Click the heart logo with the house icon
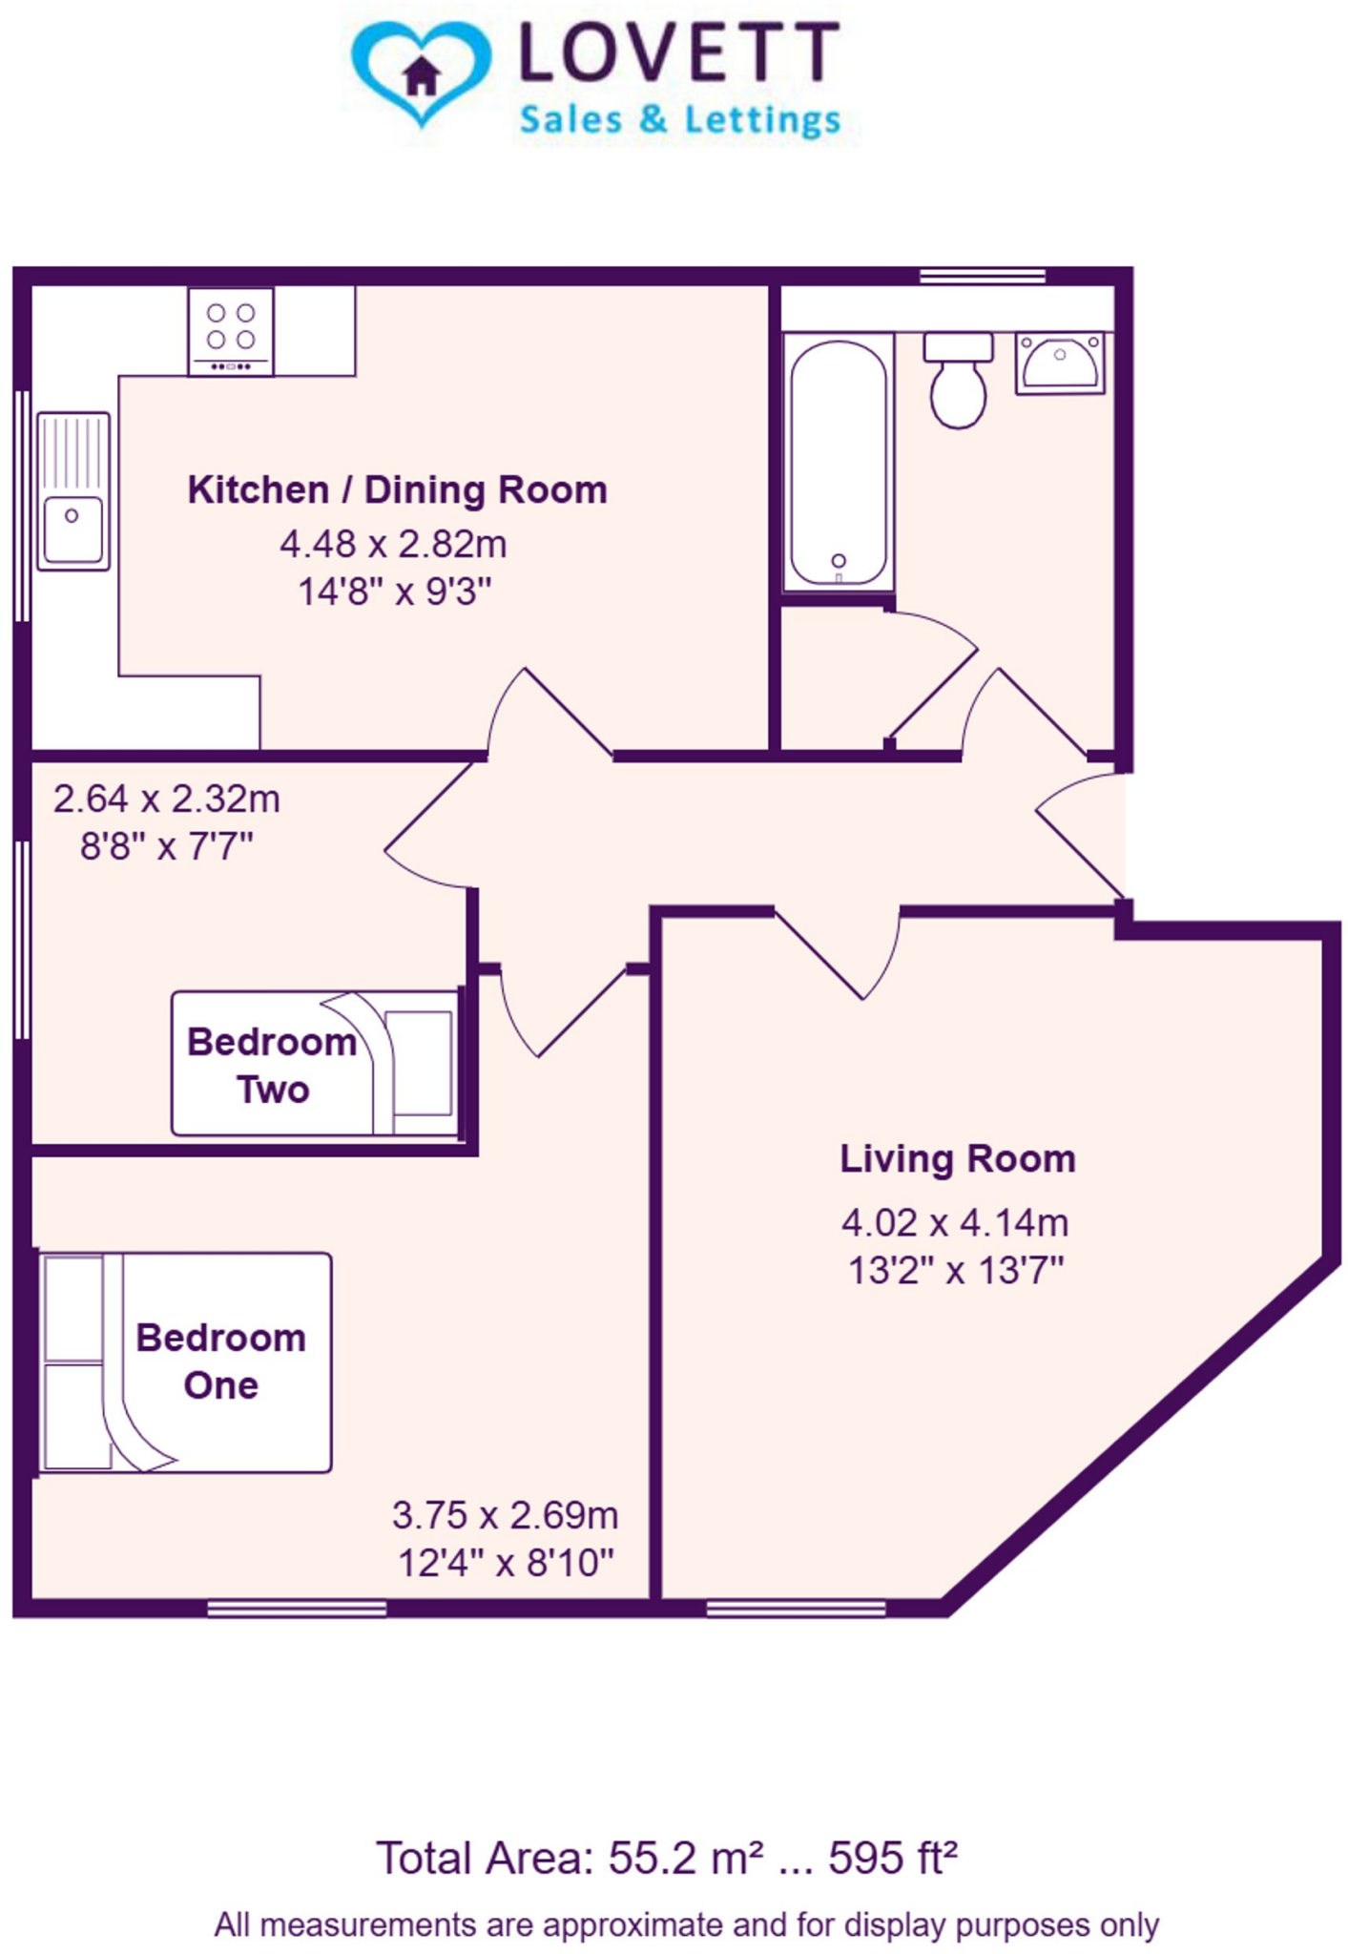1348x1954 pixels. [x=421, y=73]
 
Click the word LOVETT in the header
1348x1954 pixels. [x=679, y=54]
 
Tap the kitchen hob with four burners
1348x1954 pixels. [x=231, y=330]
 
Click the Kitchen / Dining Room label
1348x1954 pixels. [x=397, y=489]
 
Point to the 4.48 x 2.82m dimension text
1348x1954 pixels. [x=393, y=544]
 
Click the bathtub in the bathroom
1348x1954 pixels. [x=838, y=463]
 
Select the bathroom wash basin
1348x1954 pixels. [x=1059, y=362]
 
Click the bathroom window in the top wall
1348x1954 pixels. [x=982, y=277]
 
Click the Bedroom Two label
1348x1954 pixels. [x=272, y=1065]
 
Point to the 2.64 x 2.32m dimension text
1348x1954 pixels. [x=167, y=799]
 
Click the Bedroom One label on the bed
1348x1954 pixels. [x=220, y=1361]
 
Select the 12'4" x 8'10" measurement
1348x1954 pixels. [x=505, y=1563]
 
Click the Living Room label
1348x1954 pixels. [x=957, y=1158]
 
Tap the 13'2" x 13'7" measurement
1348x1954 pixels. [x=955, y=1271]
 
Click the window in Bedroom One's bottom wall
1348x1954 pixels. [x=297, y=1609]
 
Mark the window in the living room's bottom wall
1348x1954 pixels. [x=796, y=1609]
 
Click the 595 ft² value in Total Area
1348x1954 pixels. [x=892, y=1857]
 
